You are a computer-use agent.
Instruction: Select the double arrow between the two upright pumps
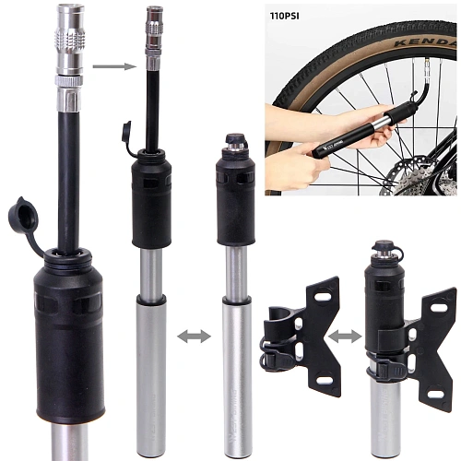193,336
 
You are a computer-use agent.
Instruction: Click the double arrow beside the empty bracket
345,336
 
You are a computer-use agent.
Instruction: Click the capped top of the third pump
234,145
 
